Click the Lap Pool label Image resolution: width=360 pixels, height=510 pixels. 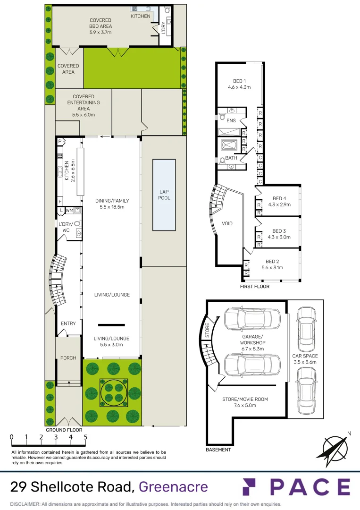coord(164,195)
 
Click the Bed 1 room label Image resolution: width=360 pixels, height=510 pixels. coord(239,81)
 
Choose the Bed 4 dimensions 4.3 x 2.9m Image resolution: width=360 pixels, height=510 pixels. coord(279,205)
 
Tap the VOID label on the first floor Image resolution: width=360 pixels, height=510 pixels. coord(227,223)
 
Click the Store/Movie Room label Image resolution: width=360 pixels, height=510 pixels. coord(245,399)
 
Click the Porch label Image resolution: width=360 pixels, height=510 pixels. coord(68,358)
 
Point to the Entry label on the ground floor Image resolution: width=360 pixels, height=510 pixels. coord(68,323)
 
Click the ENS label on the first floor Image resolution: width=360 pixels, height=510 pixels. coord(231,121)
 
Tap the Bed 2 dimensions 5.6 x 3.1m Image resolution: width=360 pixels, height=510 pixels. coord(272,268)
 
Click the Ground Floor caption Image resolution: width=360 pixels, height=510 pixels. coord(64,430)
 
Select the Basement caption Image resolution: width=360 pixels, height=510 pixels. coord(218,450)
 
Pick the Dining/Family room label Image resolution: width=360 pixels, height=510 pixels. coord(111,201)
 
